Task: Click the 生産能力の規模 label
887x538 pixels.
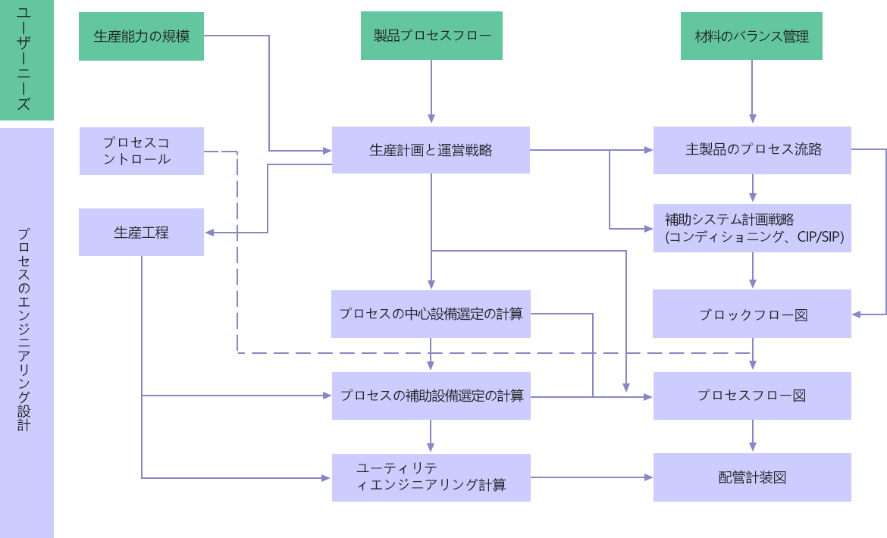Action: (142, 36)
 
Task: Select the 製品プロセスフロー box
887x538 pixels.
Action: (431, 36)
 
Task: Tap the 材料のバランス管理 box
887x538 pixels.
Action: (751, 36)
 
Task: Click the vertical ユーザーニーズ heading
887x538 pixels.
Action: (24, 59)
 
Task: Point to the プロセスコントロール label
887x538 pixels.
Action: (136, 151)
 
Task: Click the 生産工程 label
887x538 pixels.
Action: (142, 233)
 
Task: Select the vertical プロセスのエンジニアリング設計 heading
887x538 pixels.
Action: (24, 330)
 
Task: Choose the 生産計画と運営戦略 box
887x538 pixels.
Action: (431, 150)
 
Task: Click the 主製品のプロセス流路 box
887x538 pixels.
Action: (752, 150)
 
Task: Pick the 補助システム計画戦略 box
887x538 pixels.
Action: (752, 228)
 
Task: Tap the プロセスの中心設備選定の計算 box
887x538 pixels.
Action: (431, 314)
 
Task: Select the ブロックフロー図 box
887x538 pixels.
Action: (752, 314)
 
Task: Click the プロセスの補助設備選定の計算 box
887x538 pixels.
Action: (431, 396)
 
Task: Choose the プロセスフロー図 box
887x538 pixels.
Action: (752, 396)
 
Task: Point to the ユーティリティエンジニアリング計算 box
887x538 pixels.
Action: (431, 476)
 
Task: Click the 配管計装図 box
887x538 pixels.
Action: (752, 477)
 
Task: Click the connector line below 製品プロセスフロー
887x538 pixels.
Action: (431, 87)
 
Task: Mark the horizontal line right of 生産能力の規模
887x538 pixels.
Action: (235, 36)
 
